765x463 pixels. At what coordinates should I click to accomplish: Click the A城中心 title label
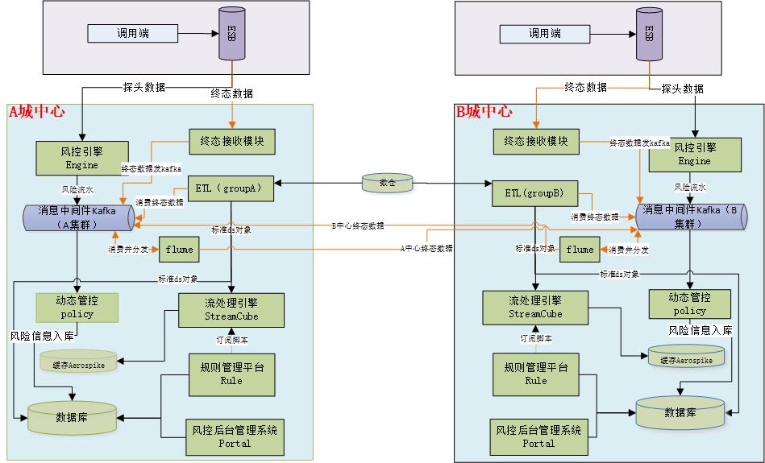36,112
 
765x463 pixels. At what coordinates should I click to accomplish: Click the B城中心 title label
484,112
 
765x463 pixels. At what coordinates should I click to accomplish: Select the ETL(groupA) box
231,188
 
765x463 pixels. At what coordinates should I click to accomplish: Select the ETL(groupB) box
534,194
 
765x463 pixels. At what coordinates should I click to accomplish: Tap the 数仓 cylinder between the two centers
387,183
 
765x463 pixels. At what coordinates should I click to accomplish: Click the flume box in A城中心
179,250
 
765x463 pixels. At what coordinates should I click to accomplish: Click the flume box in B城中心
579,250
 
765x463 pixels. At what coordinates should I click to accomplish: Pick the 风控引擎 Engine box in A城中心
81,157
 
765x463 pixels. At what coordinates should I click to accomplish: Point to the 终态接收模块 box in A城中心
231,142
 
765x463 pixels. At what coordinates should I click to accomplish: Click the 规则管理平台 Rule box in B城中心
536,374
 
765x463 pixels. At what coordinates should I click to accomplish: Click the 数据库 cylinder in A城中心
73,418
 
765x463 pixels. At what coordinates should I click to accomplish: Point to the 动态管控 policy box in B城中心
689,304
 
